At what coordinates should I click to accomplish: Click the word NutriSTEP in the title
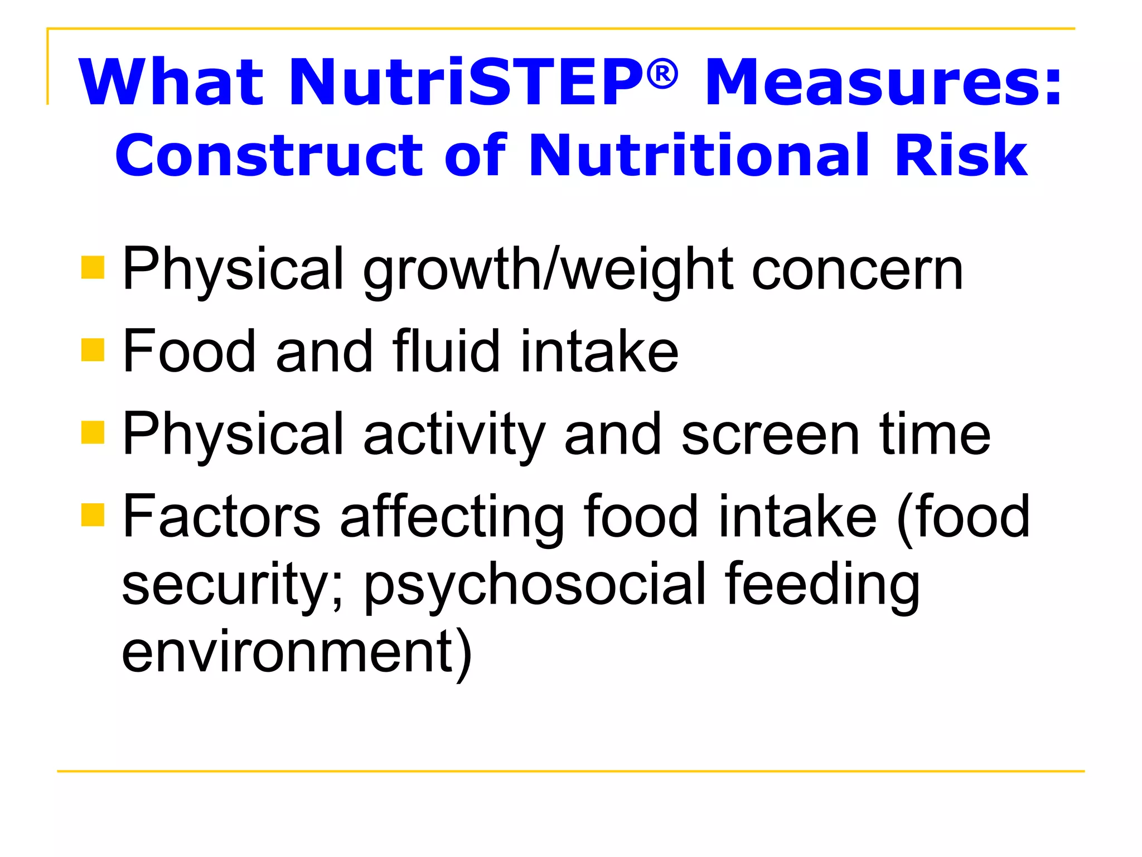(466, 83)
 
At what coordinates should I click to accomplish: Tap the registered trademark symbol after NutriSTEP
(662, 74)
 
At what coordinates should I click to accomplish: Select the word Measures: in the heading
(883, 83)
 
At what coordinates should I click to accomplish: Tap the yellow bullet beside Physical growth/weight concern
(93, 267)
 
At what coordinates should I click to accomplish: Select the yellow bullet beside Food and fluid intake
(93, 350)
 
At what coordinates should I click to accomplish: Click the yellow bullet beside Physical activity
(93, 432)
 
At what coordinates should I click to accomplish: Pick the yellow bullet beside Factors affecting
(93, 514)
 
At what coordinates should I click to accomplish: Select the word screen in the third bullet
(770, 435)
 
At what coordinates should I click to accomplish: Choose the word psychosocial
(535, 586)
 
